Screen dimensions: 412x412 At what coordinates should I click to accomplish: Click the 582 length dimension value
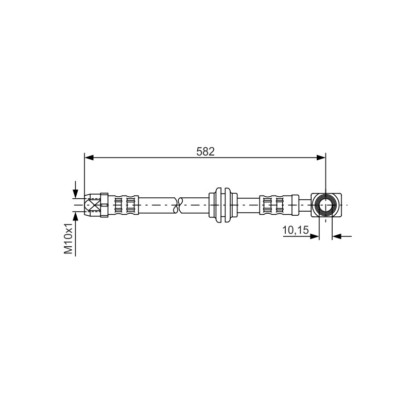coord(205,151)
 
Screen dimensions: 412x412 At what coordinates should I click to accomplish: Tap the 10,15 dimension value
coord(295,230)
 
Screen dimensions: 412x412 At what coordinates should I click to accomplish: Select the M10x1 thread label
coord(68,239)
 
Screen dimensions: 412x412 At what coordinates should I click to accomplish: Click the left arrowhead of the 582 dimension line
coord(89,158)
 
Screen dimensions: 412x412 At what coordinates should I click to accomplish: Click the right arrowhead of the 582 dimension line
coord(321,158)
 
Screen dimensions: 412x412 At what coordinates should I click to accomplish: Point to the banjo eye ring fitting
coord(326,205)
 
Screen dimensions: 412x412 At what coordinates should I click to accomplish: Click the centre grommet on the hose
coord(223,205)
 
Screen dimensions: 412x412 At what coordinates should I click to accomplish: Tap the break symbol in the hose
coord(180,205)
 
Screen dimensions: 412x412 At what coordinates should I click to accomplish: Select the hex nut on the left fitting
coord(104,205)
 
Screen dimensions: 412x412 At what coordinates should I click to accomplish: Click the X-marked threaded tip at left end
coord(92,205)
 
